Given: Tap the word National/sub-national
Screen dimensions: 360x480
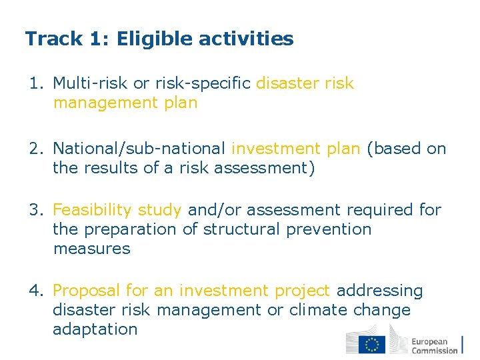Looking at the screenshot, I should pyautogui.click(x=139, y=149).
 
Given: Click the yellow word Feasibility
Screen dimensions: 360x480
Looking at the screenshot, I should pyautogui.click(x=93, y=211).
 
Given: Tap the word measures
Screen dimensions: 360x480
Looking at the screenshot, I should pyautogui.click(x=92, y=249).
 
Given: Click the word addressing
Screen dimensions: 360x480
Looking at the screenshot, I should pyautogui.click(x=380, y=291).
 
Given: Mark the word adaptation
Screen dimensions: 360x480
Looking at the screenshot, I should pyautogui.click(x=95, y=329).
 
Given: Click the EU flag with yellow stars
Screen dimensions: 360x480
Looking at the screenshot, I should pyautogui.click(x=372, y=344).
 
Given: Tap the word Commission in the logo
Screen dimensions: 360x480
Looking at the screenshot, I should pyautogui.click(x=435, y=350).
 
